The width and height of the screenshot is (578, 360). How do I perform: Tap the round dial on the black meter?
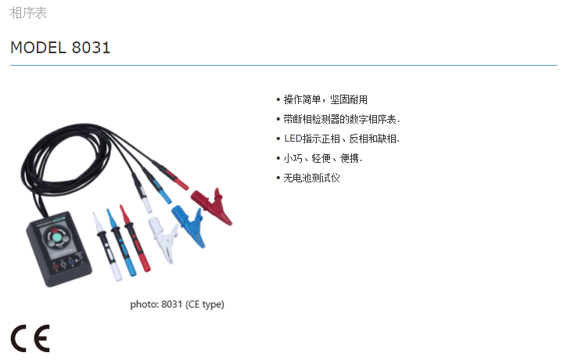[59, 238]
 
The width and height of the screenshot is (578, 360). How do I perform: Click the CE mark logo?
[30, 337]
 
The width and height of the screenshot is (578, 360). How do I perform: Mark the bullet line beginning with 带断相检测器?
[341, 119]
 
